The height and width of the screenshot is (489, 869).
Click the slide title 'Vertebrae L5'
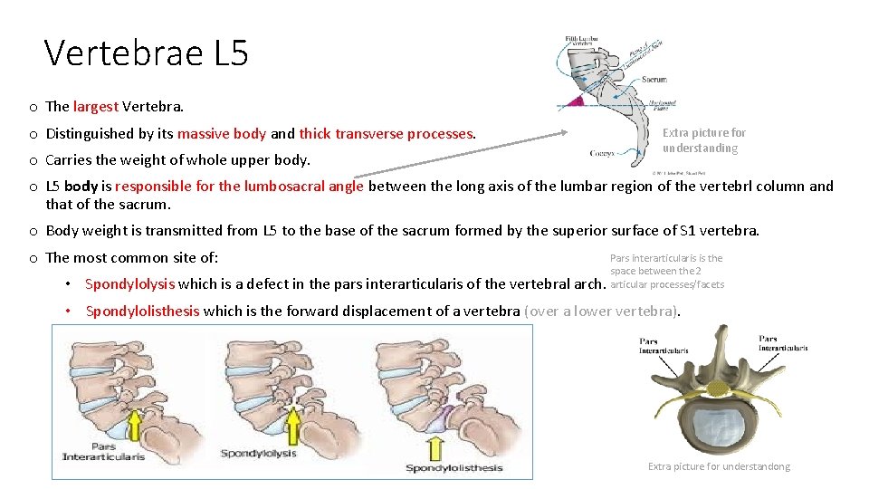pyautogui.click(x=146, y=53)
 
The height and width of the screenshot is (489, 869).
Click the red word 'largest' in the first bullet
pyautogui.click(x=96, y=106)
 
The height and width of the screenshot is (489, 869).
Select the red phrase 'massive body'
pyautogui.click(x=222, y=133)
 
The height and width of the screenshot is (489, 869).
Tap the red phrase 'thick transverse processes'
pyautogui.click(x=387, y=133)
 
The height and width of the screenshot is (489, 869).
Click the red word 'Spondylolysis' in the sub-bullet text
pyautogui.click(x=129, y=283)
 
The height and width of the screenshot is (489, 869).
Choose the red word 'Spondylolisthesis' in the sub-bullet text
pyautogui.click(x=142, y=311)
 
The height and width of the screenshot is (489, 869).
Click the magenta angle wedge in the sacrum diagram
pyautogui.click(x=575, y=100)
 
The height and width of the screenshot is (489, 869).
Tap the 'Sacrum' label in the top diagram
pyautogui.click(x=654, y=80)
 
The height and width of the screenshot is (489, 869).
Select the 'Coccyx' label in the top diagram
pyautogui.click(x=602, y=154)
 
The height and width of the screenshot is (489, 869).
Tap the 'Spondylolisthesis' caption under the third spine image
pyautogui.click(x=454, y=467)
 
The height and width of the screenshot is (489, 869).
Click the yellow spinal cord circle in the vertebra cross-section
pyautogui.click(x=717, y=388)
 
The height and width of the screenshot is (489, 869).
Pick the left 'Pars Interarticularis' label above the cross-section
pyautogui.click(x=664, y=345)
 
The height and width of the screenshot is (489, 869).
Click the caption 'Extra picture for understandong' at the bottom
pyautogui.click(x=719, y=466)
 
